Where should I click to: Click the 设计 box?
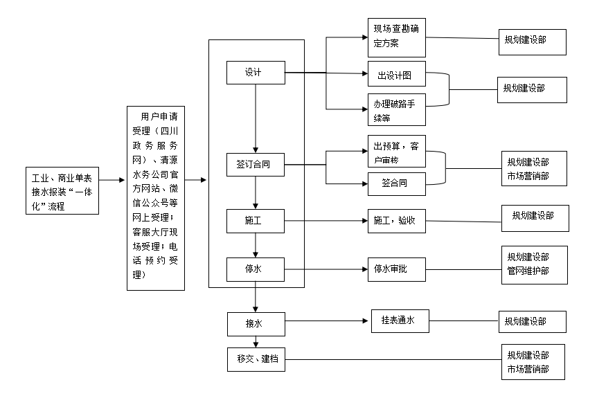click(256, 73)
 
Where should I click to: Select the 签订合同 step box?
click(256, 165)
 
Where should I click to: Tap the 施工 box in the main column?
click(256, 221)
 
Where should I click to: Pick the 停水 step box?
click(256, 269)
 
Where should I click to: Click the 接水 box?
click(256, 322)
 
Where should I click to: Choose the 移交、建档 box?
click(256, 359)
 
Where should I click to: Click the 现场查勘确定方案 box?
click(396, 37)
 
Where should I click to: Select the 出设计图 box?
click(396, 75)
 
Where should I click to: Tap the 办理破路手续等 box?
click(396, 109)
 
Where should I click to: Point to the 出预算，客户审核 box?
click(396, 152)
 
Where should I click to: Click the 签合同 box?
click(396, 183)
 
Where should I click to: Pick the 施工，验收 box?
click(396, 221)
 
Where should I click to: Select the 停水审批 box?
click(396, 269)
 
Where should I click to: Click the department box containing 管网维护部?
click(534, 264)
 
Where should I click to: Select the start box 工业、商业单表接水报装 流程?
click(61, 190)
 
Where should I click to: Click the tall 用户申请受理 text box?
click(155, 198)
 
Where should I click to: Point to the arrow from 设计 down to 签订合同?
click(256, 118)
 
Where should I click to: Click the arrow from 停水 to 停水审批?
click(326, 269)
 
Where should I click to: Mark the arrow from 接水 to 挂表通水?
click(326, 321)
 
